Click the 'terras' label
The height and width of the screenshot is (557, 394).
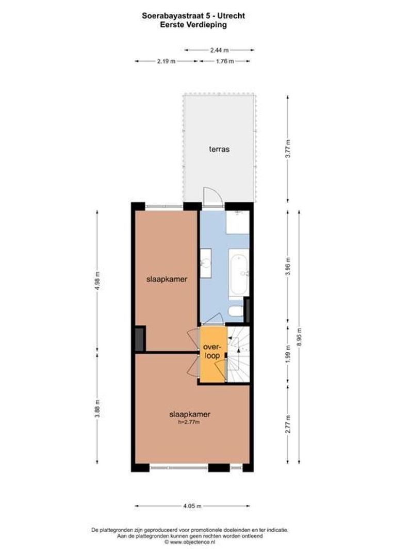(219, 149)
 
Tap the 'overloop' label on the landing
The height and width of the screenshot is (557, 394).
(211, 351)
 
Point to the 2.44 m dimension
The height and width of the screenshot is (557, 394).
(219, 50)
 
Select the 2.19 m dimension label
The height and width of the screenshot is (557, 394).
(166, 61)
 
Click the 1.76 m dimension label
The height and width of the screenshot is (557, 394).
(225, 61)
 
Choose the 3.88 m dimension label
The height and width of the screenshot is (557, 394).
(97, 408)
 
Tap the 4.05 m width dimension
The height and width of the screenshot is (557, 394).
(192, 506)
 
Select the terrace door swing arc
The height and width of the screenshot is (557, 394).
(211, 195)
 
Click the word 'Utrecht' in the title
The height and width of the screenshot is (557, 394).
(232, 16)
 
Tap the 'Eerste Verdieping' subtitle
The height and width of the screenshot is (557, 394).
(193, 24)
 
